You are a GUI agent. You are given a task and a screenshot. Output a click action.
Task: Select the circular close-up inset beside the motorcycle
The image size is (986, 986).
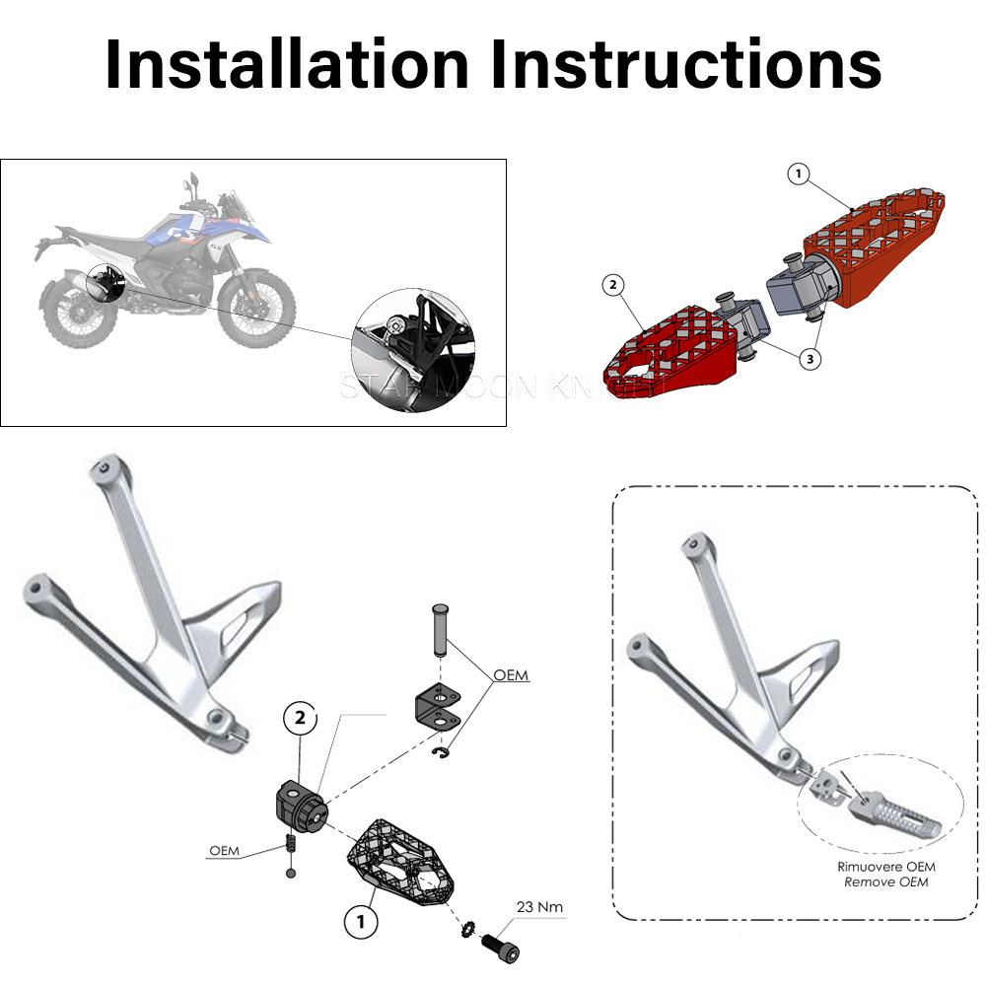tap(413, 340)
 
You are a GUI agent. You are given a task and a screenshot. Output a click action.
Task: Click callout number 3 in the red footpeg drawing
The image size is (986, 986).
tap(810, 359)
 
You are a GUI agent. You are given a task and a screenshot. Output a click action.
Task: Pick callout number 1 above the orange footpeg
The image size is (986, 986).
tap(799, 175)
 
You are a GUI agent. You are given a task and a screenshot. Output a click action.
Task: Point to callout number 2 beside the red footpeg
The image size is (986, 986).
tap(613, 286)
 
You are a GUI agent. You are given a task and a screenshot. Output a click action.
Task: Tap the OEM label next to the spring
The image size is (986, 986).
tap(224, 850)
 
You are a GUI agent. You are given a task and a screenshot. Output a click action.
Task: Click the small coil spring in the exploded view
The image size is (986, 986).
tap(290, 845)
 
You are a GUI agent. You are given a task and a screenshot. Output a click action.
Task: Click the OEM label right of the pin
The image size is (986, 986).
tap(511, 675)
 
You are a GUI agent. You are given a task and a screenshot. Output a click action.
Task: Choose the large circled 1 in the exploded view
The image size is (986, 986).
tap(361, 921)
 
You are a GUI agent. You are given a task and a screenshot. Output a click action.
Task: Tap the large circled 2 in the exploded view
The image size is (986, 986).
tap(302, 719)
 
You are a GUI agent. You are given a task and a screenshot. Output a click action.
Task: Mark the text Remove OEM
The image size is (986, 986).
tap(885, 880)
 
